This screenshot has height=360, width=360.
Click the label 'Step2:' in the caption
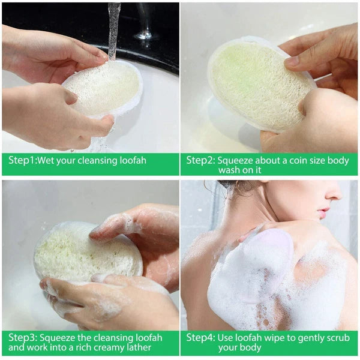[x=200, y=160]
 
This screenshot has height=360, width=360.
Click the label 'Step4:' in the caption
[x=200, y=337]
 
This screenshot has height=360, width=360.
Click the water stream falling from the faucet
[x=113, y=30]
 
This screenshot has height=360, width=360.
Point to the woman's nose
[x=334, y=196]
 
